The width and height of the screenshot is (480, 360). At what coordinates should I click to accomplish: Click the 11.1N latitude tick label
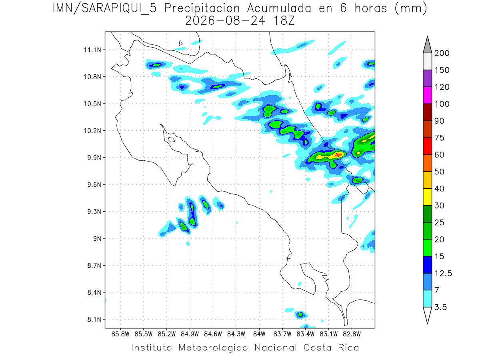click(92, 50)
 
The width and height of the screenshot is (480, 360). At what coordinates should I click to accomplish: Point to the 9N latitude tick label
click(97, 238)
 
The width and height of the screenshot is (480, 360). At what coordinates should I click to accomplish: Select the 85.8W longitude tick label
click(120, 334)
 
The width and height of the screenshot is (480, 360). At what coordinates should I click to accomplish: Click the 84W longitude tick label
click(259, 334)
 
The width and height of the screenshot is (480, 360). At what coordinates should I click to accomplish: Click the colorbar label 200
click(442, 53)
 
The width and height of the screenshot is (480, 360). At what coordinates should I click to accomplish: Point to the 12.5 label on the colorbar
click(443, 274)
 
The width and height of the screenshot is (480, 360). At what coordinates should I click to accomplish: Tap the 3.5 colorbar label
click(440, 307)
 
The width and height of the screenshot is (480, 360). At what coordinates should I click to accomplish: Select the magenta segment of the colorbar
click(428, 95)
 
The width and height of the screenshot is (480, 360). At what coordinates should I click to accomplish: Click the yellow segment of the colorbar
click(428, 197)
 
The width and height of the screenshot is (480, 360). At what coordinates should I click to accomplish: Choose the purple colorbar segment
click(428, 78)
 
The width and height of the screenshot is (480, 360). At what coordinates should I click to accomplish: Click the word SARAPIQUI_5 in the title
click(119, 9)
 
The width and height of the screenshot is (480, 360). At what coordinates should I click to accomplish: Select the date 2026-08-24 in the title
click(225, 21)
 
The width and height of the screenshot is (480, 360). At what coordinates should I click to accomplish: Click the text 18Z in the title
click(284, 21)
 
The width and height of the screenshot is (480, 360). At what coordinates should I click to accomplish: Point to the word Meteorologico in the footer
click(213, 348)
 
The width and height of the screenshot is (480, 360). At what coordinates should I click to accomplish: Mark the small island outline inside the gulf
click(172, 140)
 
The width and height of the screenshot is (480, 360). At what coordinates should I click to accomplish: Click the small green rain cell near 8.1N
click(300, 315)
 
